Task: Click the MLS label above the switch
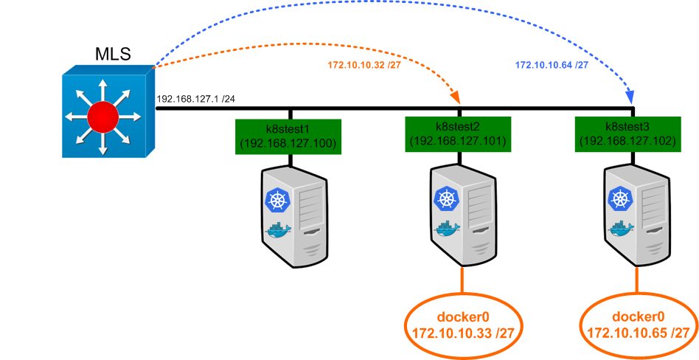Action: click(x=113, y=54)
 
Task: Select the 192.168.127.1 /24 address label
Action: click(x=195, y=98)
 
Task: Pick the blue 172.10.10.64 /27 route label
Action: click(x=551, y=65)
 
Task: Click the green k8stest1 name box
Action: click(x=288, y=136)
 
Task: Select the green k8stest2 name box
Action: click(x=457, y=135)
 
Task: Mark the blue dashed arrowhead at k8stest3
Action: click(x=631, y=97)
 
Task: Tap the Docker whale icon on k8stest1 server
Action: click(x=279, y=229)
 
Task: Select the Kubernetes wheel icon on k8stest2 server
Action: click(x=446, y=198)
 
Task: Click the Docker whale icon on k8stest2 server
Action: click(x=447, y=227)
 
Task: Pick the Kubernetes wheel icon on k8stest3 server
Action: click(x=618, y=197)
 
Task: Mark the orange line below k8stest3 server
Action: click(x=636, y=280)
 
